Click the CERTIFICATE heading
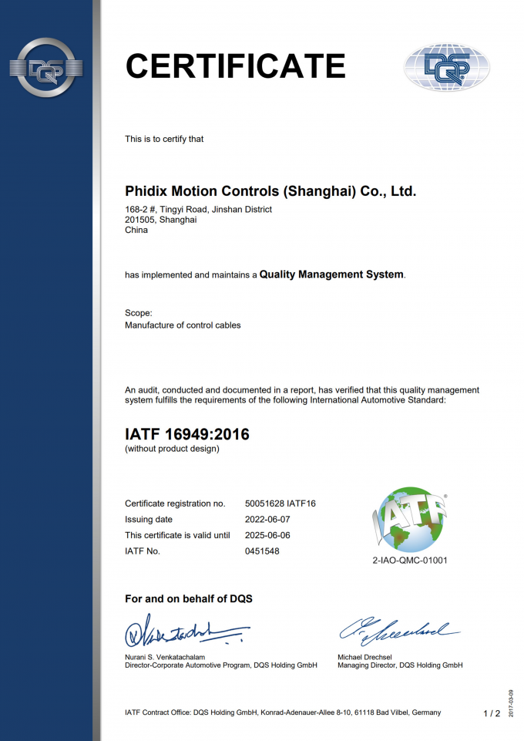coord(235,66)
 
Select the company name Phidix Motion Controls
coord(270,190)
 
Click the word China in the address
coord(136,230)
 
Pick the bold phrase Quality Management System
coord(331,275)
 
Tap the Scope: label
coord(139,313)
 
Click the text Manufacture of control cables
coord(183,325)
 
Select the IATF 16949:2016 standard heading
coord(187,434)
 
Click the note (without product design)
coord(172,449)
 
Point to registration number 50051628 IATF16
coord(280,504)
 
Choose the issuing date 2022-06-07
coord(267,520)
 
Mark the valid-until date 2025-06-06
coord(267,535)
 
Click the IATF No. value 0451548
coord(262,551)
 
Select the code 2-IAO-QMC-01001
coord(409,561)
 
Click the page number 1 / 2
coord(492,713)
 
